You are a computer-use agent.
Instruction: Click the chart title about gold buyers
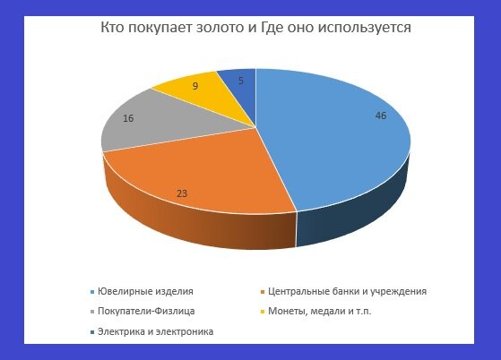tap(256, 28)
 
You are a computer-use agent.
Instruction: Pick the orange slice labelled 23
tap(197, 179)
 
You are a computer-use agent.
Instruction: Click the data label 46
tap(381, 116)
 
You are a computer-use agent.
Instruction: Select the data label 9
tap(194, 88)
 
